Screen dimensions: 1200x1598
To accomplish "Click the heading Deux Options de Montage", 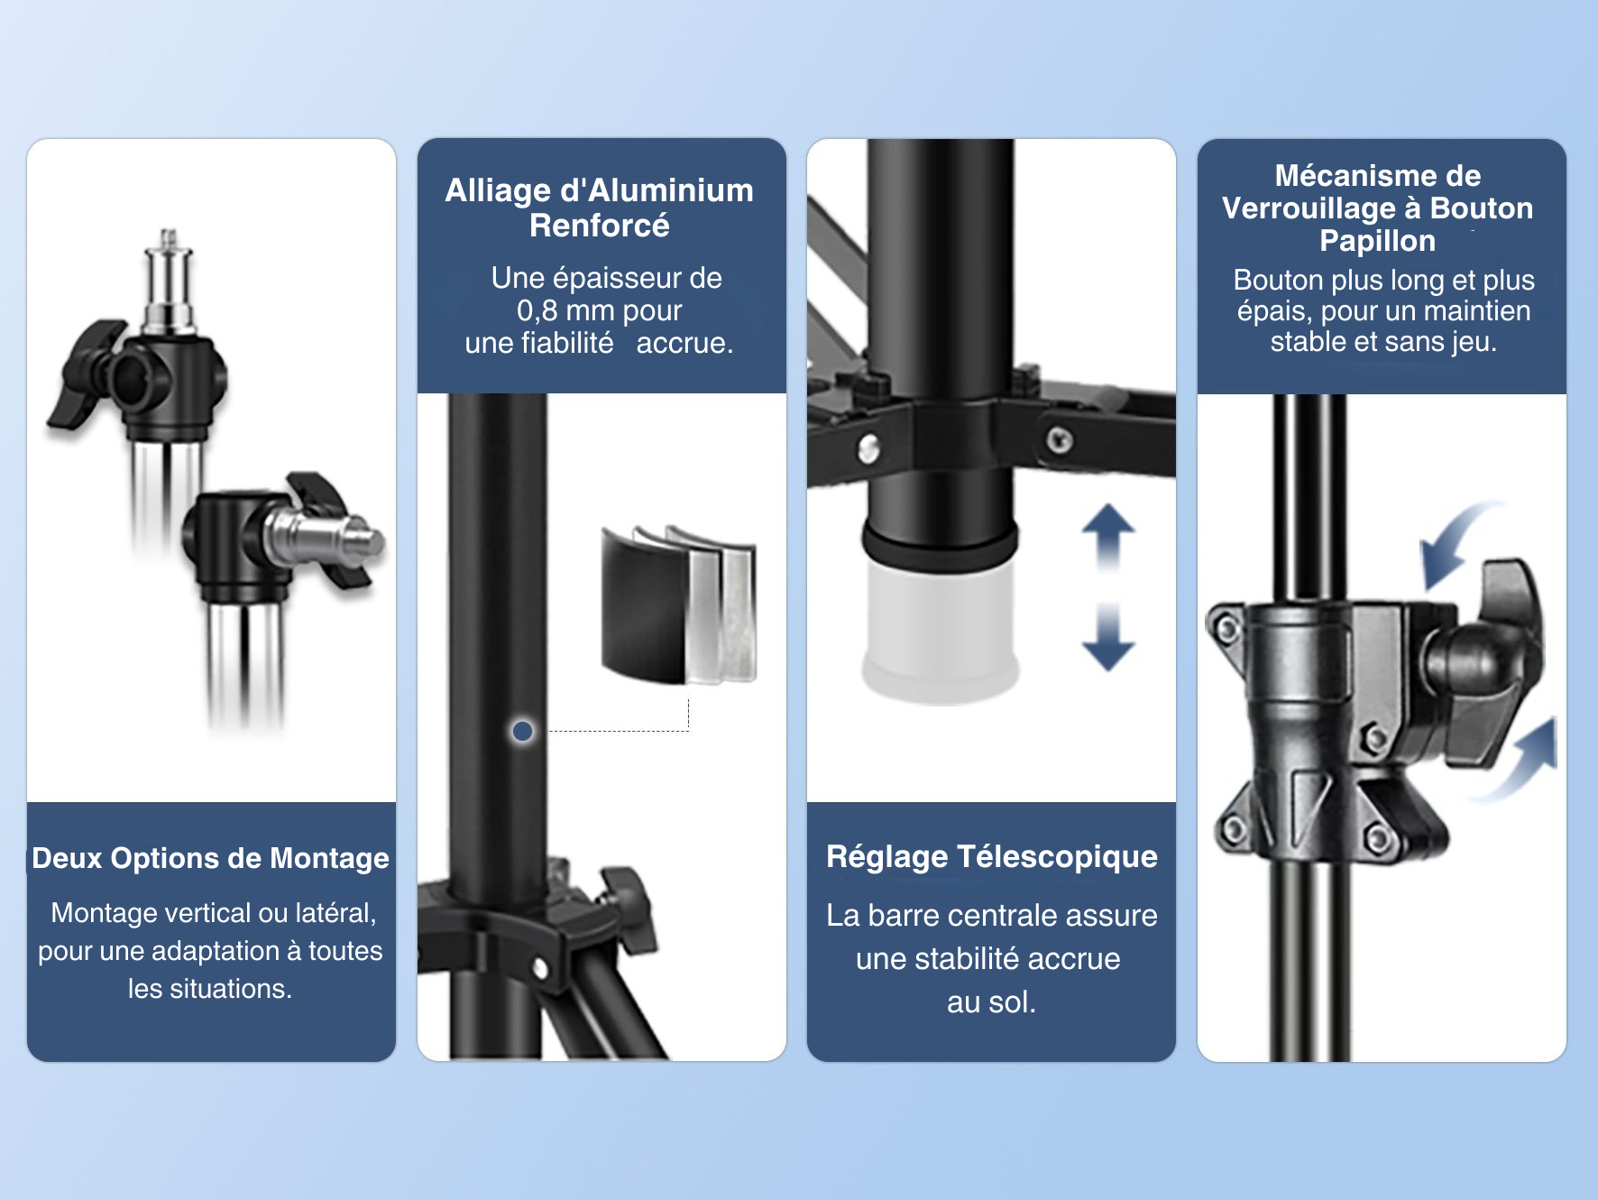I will (210, 858).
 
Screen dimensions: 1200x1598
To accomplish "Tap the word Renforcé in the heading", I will (599, 226).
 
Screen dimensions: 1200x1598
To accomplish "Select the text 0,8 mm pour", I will (599, 310).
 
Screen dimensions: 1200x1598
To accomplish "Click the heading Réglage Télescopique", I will (991, 856).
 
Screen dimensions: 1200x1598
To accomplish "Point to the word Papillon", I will (1377, 241).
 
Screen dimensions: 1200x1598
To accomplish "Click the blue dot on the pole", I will (522, 731).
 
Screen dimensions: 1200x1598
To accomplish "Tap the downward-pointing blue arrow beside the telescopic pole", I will (1107, 639).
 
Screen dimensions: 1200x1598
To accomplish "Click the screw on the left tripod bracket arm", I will (868, 448).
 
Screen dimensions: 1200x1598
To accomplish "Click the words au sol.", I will (990, 1002).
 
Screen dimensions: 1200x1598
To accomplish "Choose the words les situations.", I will (209, 989).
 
